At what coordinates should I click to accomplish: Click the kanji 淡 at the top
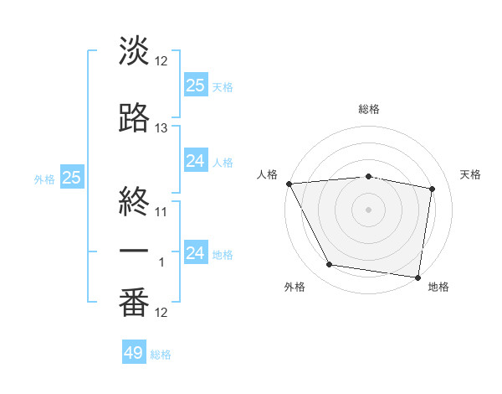pyautogui.click(x=134, y=52)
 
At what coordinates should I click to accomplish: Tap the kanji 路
pyautogui.click(x=134, y=118)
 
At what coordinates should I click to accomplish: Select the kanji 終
pyautogui.click(x=134, y=199)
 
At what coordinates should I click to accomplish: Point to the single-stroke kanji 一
pyautogui.click(x=134, y=251)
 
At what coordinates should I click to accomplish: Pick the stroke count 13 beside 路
pyautogui.click(x=161, y=128)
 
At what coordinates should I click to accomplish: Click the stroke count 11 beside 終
pyautogui.click(x=161, y=211)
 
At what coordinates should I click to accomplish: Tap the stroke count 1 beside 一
pyautogui.click(x=161, y=262)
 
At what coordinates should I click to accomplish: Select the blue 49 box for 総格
pyautogui.click(x=134, y=353)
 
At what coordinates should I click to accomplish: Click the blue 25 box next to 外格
pyautogui.click(x=71, y=178)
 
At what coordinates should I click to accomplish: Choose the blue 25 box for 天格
pyautogui.click(x=195, y=85)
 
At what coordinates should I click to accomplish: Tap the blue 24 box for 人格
pyautogui.click(x=195, y=160)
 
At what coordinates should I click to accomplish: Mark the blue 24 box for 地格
pyautogui.click(x=195, y=253)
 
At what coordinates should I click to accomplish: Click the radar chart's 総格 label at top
pyautogui.click(x=368, y=109)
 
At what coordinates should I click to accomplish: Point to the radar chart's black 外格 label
pyautogui.click(x=295, y=287)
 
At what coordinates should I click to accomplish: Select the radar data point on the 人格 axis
pyautogui.click(x=289, y=184)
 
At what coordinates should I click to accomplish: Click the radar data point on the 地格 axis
pyautogui.click(x=417, y=277)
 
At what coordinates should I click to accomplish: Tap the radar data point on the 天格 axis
pyautogui.click(x=433, y=189)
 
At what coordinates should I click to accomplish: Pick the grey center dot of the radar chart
pyautogui.click(x=368, y=209)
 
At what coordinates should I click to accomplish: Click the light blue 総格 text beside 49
pyautogui.click(x=161, y=355)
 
